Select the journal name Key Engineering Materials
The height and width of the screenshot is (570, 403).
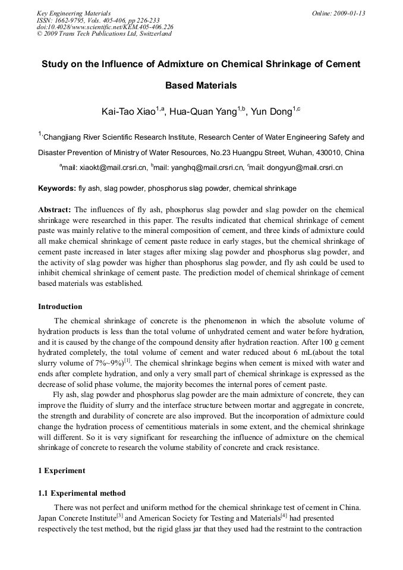point(74,13)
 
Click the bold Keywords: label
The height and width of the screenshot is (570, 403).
point(57,188)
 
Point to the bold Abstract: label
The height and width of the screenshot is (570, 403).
point(55,210)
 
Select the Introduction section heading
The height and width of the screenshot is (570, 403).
point(60,307)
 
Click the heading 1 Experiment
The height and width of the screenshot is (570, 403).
point(62,471)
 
